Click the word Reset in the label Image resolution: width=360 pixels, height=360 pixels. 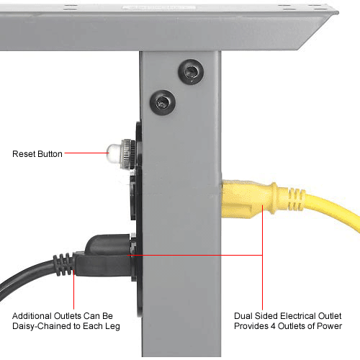[x=24, y=153]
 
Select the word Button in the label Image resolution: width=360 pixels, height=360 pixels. [x=50, y=153]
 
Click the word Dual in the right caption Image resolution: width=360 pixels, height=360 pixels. [x=246, y=315]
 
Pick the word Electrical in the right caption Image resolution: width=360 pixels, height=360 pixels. [x=297, y=315]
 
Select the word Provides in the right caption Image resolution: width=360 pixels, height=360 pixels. [x=250, y=326]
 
